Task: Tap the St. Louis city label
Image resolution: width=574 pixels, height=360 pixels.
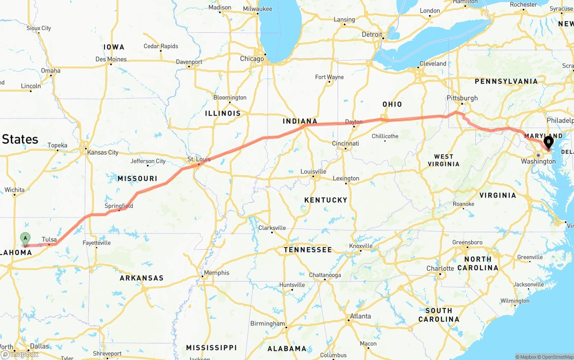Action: tap(199, 159)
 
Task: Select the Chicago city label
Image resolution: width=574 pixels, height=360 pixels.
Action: tap(252, 59)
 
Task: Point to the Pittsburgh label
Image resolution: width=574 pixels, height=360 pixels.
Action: tap(462, 98)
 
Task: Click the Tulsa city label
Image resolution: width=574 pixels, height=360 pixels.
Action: tap(49, 239)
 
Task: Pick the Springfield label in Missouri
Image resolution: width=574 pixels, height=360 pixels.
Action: tap(119, 206)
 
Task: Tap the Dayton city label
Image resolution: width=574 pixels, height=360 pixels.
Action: tap(354, 122)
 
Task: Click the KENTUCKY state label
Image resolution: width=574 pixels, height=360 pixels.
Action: tap(326, 200)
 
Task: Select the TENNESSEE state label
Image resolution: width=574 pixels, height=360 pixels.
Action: tap(308, 250)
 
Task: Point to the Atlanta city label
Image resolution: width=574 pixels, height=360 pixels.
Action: tap(360, 316)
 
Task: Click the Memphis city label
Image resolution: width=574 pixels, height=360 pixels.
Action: tap(216, 273)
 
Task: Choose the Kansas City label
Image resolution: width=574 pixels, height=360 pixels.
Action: tap(103, 152)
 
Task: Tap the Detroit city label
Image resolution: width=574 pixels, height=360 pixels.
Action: tap(372, 35)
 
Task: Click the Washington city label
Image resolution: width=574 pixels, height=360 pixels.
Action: tap(539, 161)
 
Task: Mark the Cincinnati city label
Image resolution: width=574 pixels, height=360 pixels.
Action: tap(345, 143)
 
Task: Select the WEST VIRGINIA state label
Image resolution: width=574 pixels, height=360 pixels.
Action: tap(444, 160)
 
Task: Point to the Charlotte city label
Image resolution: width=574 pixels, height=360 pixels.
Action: tap(440, 269)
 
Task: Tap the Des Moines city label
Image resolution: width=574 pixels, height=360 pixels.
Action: tap(111, 59)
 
